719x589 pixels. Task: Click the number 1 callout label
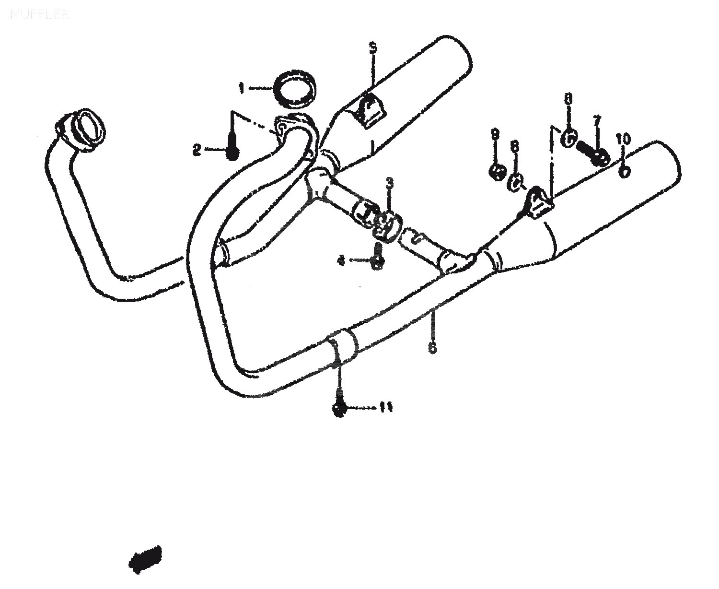click(242, 88)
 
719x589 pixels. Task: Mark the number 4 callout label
click(341, 260)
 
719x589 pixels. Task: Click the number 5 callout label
click(372, 47)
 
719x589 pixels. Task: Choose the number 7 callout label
click(597, 120)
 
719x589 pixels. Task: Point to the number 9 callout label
click(495, 135)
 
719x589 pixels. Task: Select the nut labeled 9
click(497, 171)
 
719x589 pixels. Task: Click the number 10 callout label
click(624, 140)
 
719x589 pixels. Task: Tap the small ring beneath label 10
click(624, 171)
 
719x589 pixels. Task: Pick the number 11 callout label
click(386, 408)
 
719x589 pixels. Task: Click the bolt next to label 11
click(339, 409)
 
